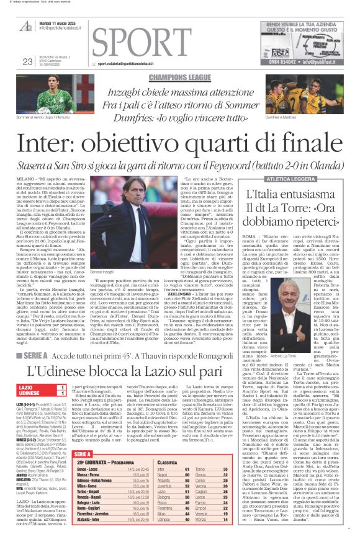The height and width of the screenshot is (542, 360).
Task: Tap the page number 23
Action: (27, 61)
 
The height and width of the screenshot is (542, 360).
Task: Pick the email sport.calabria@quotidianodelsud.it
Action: (135, 63)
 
